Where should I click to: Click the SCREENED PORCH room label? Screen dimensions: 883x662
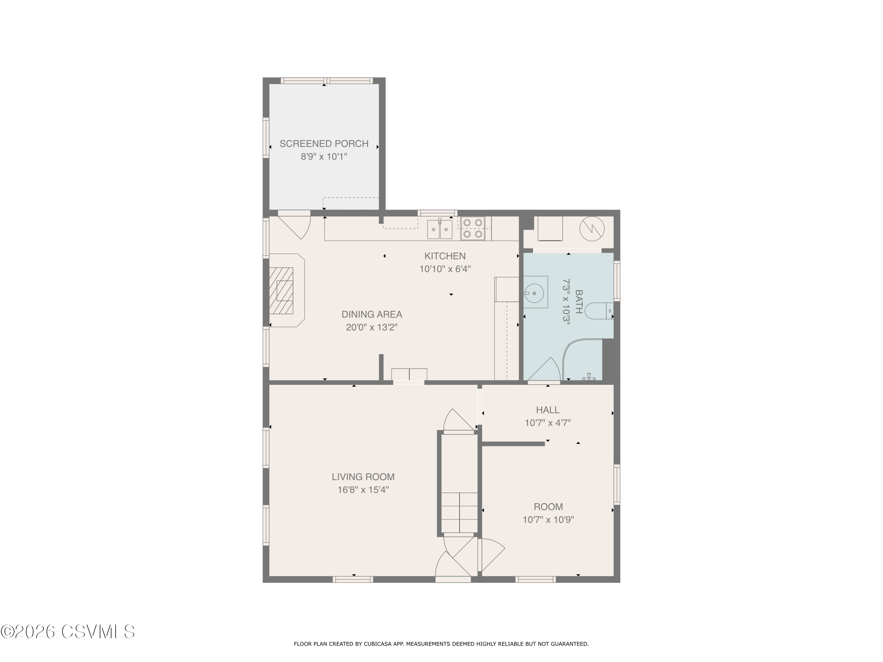324,144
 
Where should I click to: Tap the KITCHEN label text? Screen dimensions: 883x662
445,256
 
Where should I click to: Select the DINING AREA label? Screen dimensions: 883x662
372,315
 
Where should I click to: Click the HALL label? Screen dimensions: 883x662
548,410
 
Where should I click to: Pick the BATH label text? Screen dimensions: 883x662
578,302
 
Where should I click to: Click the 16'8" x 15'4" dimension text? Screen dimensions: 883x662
363,490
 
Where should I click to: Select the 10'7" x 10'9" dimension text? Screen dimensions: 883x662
548,520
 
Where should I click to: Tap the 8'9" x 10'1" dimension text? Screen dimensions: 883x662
324,157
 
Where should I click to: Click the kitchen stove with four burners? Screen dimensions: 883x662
473,229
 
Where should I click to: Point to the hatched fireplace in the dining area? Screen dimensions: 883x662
281,290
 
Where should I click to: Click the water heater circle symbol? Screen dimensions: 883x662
592,229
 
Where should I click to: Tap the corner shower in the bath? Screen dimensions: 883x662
582,360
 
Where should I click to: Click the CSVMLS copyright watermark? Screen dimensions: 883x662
68,632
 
